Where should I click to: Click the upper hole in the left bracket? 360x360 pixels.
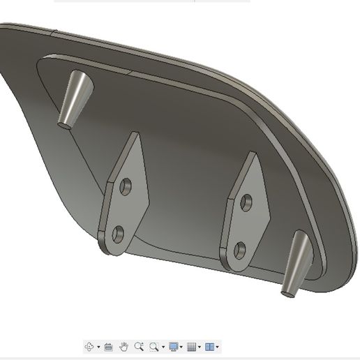tap(126, 186)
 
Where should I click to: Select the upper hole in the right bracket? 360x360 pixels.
tap(246, 203)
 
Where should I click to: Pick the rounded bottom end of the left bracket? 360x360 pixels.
tap(112, 248)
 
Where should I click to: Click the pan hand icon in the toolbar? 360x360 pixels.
tap(123, 346)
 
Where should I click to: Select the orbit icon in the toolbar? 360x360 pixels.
tap(89, 346)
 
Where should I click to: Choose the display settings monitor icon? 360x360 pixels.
tap(173, 346)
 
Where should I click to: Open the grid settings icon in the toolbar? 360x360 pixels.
tap(192, 346)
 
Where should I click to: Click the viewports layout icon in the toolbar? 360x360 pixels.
tap(209, 346)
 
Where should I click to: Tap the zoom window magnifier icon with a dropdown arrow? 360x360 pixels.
tap(154, 346)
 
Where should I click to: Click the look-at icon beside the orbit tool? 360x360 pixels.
tap(108, 346)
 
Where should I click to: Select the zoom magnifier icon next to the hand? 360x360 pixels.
tap(139, 346)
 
